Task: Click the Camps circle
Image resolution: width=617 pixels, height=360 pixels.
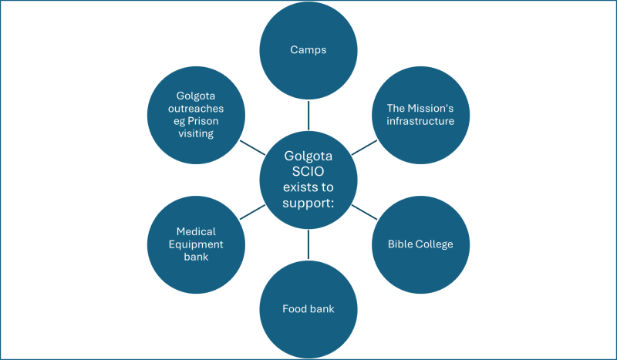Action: coord(308,50)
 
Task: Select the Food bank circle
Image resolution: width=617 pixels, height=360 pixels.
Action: coord(308,309)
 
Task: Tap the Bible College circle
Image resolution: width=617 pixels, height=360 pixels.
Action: coord(420,244)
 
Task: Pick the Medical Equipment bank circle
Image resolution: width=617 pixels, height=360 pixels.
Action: coord(196,244)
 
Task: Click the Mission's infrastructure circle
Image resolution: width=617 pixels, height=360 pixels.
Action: coord(420,115)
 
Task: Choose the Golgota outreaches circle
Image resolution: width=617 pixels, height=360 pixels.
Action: coord(196,115)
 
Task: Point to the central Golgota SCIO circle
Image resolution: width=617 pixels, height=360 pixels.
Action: coord(308,180)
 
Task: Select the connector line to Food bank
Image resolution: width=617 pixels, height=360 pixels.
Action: coord(308,244)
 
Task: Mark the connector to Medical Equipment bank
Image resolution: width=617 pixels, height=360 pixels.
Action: coord(252,212)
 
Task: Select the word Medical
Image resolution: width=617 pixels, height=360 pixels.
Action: coord(196,231)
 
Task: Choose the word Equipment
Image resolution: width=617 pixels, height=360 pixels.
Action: coord(196,244)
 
